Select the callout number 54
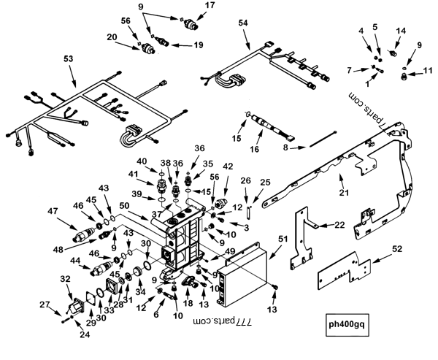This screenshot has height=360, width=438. click(x=243, y=25)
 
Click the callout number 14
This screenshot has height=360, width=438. click(x=401, y=31)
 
